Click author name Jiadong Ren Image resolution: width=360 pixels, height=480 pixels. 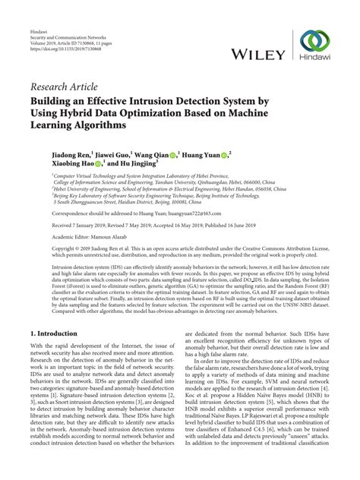pyautogui.click(x=52, y=153)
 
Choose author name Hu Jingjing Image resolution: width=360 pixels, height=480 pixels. pyautogui.click(x=133, y=163)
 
